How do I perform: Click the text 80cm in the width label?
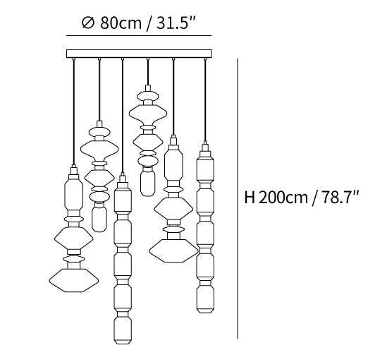pyautogui.click(x=121, y=23)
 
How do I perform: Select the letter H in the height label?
pyautogui.click(x=250, y=198)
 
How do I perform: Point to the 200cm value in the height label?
pyautogui.click(x=283, y=198)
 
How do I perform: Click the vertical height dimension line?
pyautogui.click(x=238, y=198)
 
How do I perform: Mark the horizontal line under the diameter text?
pyautogui.click(x=139, y=36)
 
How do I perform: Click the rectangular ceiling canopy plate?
pyautogui.click(x=139, y=54)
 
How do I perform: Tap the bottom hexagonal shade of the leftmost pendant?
pyautogui.click(x=74, y=280)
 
